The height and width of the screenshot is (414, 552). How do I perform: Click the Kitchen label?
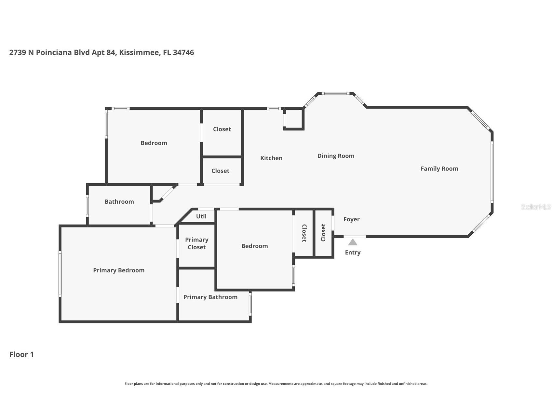[x=271, y=158]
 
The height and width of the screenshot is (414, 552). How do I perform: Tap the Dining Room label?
[x=336, y=156]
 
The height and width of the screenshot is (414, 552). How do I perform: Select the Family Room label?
[x=439, y=169]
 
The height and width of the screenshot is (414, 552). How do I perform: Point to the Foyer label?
[x=352, y=219]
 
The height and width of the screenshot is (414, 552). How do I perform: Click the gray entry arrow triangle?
[x=353, y=242]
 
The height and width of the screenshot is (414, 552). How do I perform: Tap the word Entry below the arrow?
[x=353, y=253]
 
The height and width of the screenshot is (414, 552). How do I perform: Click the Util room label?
[x=201, y=216]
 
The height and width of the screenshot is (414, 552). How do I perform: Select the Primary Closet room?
[x=197, y=245]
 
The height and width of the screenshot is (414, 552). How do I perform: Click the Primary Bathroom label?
[x=210, y=297]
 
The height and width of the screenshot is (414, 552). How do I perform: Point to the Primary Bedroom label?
[x=119, y=270]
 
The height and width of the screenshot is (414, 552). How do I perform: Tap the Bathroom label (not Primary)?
[x=119, y=202]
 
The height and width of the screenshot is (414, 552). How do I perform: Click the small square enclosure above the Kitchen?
[x=294, y=119]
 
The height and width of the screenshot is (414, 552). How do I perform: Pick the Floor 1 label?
[x=21, y=354]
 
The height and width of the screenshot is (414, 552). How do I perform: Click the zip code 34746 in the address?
[x=183, y=52]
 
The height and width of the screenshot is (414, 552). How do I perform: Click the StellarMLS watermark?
[x=536, y=207]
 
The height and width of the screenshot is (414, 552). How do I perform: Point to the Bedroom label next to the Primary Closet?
[x=255, y=246]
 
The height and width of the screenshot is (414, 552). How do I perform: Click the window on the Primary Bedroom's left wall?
[x=60, y=274]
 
